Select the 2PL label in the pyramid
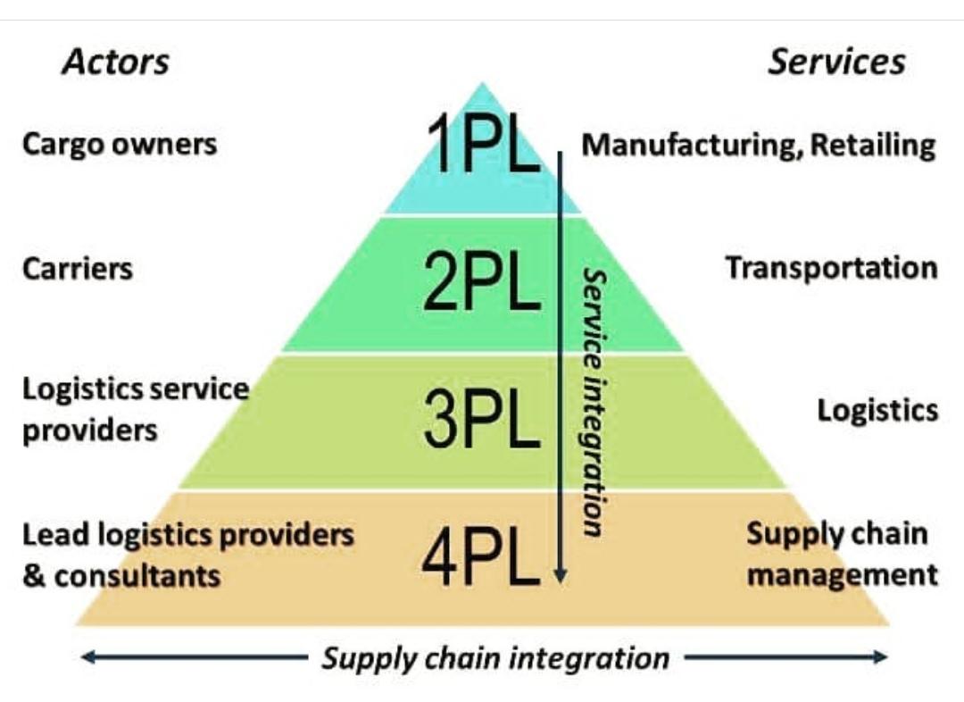pos(482,283)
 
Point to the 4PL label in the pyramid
pos(481,559)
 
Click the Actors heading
pos(115,63)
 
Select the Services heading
pos(836,62)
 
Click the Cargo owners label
pos(120,144)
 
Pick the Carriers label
pos(78,268)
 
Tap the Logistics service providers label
pos(135,410)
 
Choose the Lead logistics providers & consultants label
pos(187,555)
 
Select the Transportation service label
pos(831,268)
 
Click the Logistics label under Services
pos(877,410)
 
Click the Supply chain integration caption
pos(495,659)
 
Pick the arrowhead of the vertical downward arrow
pos(561,576)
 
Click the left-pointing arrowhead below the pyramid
pos(87,658)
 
